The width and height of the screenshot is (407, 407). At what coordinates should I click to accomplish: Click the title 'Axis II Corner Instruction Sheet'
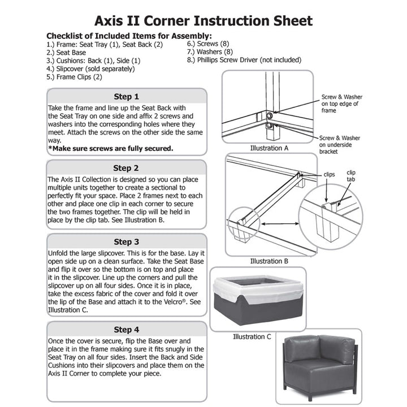203,21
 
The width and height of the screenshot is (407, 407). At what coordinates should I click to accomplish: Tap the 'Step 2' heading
126,167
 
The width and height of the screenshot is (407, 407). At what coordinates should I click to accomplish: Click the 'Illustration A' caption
269,148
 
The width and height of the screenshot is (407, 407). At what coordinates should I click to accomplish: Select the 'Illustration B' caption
269,261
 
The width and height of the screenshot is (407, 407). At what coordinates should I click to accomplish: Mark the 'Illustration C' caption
252,337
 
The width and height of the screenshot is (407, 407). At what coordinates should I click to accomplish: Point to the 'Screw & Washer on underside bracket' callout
340,145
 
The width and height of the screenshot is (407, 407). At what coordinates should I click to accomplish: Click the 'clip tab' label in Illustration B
352,176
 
